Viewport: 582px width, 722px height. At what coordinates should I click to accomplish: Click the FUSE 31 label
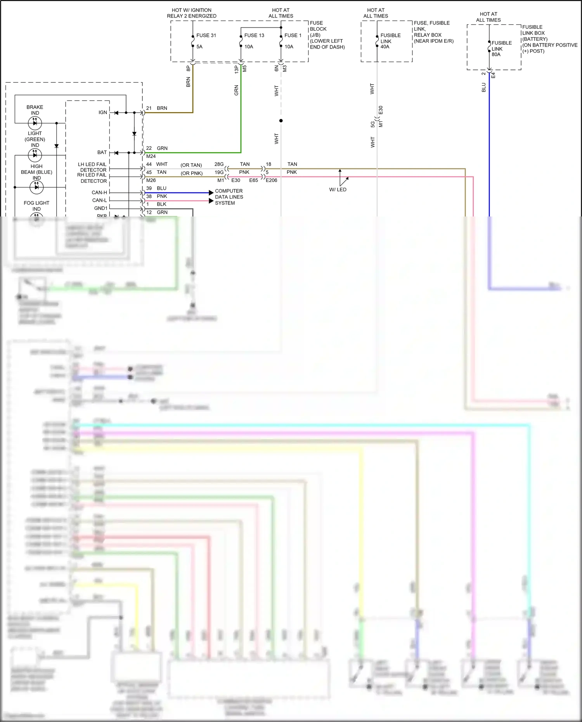(206, 35)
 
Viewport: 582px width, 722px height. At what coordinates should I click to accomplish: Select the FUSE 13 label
(254, 35)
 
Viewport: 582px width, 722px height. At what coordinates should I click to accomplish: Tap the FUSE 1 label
(293, 35)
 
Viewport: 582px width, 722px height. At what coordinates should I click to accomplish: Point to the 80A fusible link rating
(496, 55)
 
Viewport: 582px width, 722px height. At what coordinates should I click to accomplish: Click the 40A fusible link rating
(385, 47)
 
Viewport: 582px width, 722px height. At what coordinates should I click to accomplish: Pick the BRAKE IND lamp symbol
(35, 123)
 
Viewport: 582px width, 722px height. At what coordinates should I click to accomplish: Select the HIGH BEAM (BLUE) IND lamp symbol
(36, 187)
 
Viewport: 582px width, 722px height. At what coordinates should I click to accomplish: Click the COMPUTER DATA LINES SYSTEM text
(229, 197)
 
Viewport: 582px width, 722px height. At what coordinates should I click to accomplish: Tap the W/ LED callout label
(338, 190)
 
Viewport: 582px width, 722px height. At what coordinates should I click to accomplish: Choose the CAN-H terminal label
(99, 192)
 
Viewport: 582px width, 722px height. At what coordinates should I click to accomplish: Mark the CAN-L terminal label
(99, 200)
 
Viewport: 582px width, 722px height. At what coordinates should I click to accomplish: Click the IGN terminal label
(102, 113)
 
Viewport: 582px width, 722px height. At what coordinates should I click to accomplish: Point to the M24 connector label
(151, 156)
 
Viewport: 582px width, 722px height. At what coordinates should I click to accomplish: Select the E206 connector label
(272, 180)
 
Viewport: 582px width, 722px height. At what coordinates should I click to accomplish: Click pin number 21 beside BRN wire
(149, 108)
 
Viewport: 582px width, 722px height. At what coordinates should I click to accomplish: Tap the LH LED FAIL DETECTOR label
(92, 167)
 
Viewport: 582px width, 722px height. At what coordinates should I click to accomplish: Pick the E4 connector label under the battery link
(494, 75)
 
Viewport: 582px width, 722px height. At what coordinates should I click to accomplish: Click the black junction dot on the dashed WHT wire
(281, 121)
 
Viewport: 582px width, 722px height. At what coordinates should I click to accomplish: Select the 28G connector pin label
(219, 164)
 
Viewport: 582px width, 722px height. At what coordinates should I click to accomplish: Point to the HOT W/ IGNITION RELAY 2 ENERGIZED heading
(192, 13)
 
